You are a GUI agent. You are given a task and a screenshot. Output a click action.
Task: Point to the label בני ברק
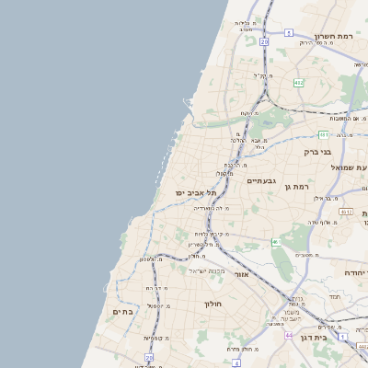click(x=318, y=152)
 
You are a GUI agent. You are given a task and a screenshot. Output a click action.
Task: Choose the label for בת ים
click(x=123, y=313)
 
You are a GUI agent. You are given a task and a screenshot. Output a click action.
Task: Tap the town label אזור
click(x=242, y=274)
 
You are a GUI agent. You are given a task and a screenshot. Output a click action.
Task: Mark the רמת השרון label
click(x=334, y=36)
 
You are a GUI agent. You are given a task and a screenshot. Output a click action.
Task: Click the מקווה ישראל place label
click(x=207, y=270)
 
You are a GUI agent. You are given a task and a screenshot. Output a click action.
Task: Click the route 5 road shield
click(x=288, y=33)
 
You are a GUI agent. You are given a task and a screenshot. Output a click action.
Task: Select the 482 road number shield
click(x=298, y=83)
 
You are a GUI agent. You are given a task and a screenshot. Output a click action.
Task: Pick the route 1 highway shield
click(x=342, y=337)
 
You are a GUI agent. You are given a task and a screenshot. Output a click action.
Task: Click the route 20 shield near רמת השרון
click(x=264, y=41)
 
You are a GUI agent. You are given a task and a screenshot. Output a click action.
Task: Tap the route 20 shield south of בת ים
click(x=148, y=357)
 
